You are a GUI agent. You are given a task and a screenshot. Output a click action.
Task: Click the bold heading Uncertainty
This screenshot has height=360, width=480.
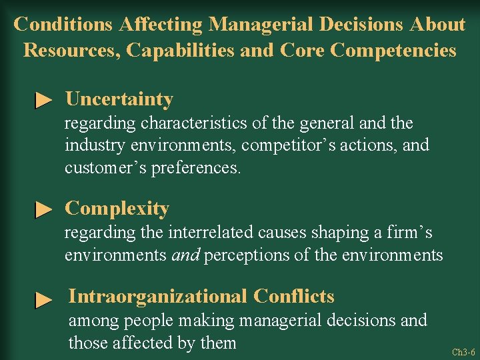tap(119, 99)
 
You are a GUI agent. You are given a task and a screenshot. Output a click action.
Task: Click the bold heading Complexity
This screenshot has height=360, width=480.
tap(117, 209)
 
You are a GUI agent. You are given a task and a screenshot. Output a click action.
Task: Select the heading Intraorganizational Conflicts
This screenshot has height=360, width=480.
tap(201, 296)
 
